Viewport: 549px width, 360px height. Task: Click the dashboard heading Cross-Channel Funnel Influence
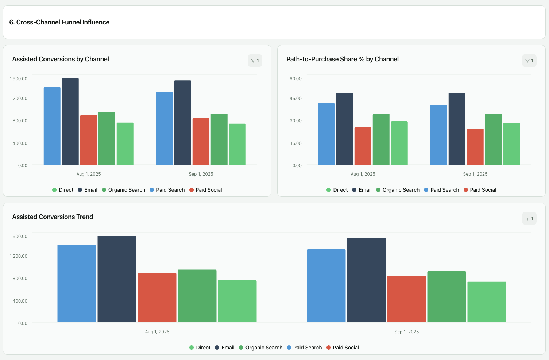click(x=59, y=22)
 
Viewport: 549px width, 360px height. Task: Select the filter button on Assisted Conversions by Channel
click(x=255, y=61)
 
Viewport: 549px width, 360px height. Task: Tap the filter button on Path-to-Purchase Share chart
click(x=529, y=61)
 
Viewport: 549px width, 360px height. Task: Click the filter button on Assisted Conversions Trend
click(x=529, y=218)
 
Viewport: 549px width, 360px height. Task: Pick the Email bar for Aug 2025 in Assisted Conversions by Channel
click(x=70, y=122)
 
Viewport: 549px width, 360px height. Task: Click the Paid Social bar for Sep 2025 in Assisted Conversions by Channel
click(x=201, y=141)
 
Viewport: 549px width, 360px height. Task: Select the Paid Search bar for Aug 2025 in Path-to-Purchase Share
click(x=326, y=134)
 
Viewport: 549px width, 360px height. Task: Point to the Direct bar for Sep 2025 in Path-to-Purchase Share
click(x=512, y=143)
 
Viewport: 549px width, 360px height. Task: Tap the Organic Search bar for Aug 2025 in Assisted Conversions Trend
click(x=197, y=296)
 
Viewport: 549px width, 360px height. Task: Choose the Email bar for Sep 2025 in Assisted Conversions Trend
click(x=366, y=280)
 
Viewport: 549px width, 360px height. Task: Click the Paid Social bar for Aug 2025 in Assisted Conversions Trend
click(x=157, y=298)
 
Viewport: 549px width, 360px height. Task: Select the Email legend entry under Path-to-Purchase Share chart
click(x=362, y=190)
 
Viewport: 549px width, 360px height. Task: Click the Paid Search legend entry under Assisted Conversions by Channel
click(x=167, y=190)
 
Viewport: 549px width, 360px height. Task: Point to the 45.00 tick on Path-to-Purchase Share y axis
click(x=295, y=99)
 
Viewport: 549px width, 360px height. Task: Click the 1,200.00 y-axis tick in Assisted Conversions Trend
click(x=18, y=256)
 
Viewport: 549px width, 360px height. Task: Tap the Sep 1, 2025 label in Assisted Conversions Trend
click(x=406, y=332)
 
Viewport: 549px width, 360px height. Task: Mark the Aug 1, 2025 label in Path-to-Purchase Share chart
click(x=363, y=174)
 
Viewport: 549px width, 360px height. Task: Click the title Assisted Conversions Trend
click(x=53, y=217)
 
